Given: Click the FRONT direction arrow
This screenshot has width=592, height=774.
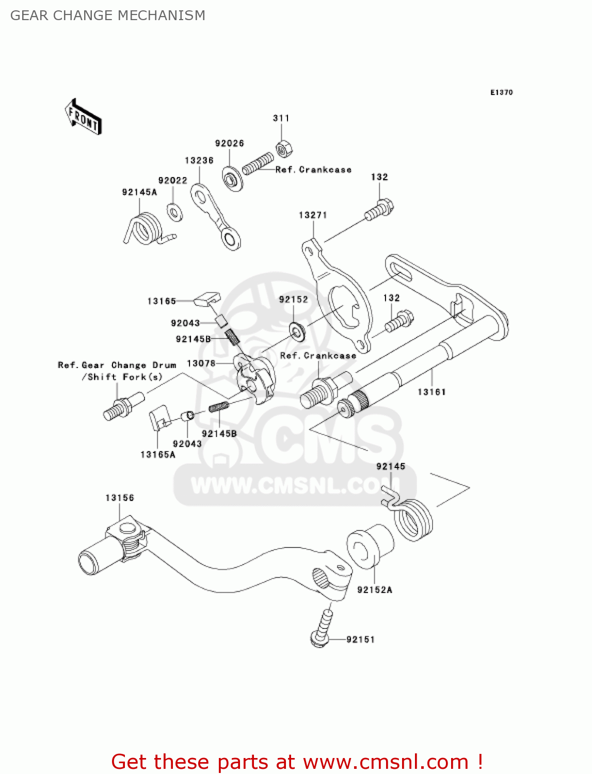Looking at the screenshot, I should click(x=83, y=117).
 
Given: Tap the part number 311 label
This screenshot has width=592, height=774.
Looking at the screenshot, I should click(x=281, y=118).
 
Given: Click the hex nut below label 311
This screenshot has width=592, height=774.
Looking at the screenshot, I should click(x=283, y=149).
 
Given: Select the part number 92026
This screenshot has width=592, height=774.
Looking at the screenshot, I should click(x=230, y=143).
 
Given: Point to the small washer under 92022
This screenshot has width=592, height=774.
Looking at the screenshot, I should click(x=174, y=212).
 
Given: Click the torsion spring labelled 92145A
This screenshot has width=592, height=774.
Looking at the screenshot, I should click(x=146, y=229).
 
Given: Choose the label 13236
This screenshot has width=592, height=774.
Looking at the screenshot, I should click(x=199, y=160).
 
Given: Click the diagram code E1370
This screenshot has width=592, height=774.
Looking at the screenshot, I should click(x=501, y=92).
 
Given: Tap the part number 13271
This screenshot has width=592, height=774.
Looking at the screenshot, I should click(x=313, y=215).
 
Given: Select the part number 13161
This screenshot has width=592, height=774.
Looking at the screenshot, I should click(x=431, y=392).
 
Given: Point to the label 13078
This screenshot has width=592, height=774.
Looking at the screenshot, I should click(x=201, y=363).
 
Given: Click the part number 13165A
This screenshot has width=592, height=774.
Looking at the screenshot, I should click(x=158, y=455).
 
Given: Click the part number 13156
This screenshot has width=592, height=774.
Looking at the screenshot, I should click(x=120, y=498).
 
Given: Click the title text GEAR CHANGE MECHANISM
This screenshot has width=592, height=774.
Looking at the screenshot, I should click(x=108, y=15).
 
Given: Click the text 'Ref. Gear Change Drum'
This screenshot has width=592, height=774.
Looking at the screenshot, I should click(x=117, y=365).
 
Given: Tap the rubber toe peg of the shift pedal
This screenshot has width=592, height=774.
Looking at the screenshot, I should click(x=92, y=559).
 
